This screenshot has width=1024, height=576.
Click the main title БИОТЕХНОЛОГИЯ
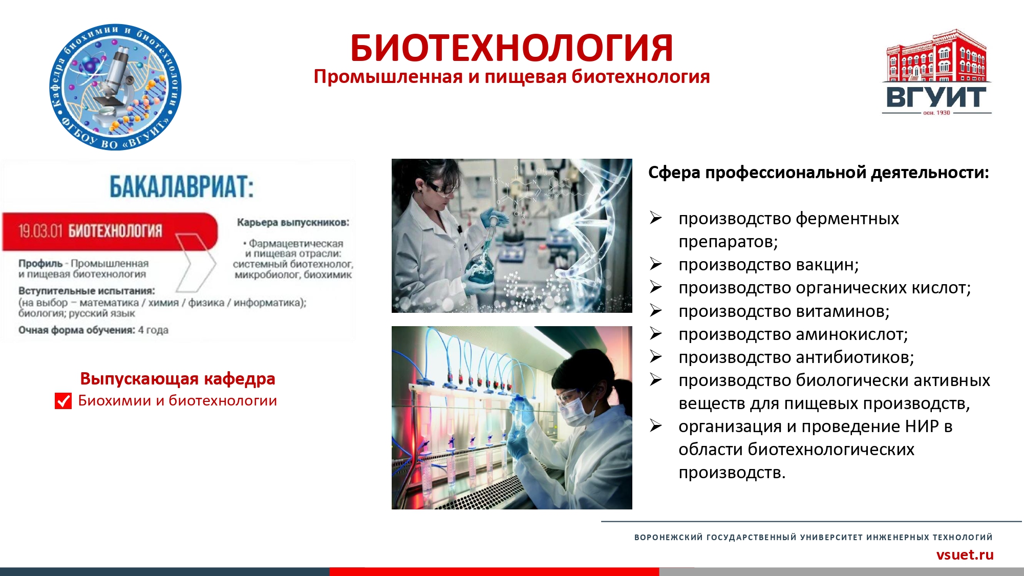pos(511,48)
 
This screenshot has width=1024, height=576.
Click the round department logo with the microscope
pos(116,87)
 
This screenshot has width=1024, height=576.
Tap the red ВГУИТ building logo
pos(936,72)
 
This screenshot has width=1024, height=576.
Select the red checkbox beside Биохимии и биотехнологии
pos(63,401)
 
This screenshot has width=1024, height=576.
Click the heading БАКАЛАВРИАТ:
pos(182,186)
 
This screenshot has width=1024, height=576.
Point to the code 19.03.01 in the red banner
pos(40,231)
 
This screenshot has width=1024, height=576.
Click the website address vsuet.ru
pos(965,554)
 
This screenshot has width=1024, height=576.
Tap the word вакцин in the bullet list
pos(827,265)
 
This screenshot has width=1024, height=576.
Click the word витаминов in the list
pos(842,311)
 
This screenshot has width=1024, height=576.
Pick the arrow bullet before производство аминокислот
pos(656,334)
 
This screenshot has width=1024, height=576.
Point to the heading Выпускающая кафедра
pos(178,379)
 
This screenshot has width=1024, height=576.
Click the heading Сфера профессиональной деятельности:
pos(818,173)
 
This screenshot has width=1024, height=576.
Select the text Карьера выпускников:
pos(293,223)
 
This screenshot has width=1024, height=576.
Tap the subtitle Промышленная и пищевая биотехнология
pos(511,77)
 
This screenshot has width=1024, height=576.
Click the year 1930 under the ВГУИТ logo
pos(943,113)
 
